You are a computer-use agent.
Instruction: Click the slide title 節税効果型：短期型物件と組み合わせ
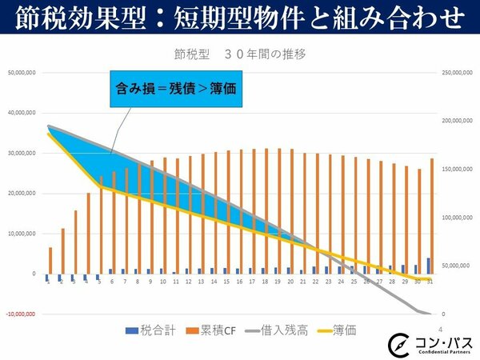coord(240,17)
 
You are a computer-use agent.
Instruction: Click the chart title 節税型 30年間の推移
coord(240,56)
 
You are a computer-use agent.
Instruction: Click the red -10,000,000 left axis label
coord(22,314)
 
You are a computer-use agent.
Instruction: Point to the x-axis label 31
coord(430,281)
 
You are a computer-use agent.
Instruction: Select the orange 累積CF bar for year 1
coord(50,261)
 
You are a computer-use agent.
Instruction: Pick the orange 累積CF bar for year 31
coord(433,216)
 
